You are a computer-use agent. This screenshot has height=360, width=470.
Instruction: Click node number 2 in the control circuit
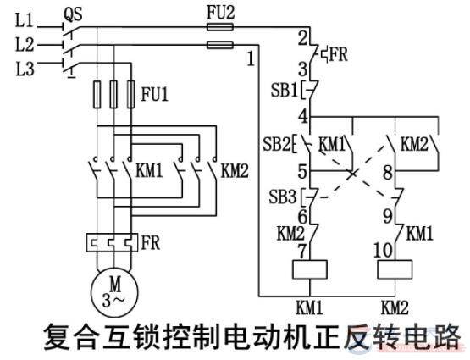[x=301, y=38]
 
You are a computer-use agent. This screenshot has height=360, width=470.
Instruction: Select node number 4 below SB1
[x=302, y=116]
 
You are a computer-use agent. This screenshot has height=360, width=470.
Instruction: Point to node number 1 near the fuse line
[x=251, y=59]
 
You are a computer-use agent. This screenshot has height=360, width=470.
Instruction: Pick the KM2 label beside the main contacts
[x=234, y=169]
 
